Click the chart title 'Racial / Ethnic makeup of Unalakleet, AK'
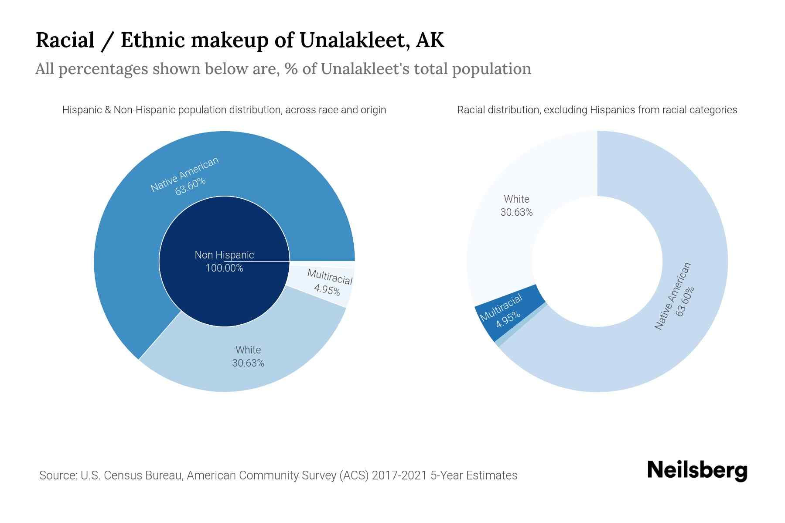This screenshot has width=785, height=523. tap(240, 41)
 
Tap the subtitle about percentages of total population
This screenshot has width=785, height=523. tap(283, 69)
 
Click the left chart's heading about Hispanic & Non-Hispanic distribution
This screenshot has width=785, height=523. tap(224, 110)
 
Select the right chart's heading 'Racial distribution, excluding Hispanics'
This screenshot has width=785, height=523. tap(597, 110)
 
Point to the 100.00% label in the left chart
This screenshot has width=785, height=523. tap(225, 268)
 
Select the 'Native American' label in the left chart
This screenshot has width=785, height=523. tap(184, 174)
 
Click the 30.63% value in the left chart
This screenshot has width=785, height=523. tap(248, 363)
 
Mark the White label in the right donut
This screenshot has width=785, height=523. tap(516, 199)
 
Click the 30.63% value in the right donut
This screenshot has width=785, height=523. tap(516, 212)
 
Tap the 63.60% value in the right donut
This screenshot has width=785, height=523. tap(685, 301)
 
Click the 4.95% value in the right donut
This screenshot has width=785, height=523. tap(508, 320)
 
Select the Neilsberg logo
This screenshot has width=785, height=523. tap(697, 471)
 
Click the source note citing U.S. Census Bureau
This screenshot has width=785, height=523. tap(278, 475)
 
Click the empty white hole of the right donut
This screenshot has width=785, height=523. tap(597, 261)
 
